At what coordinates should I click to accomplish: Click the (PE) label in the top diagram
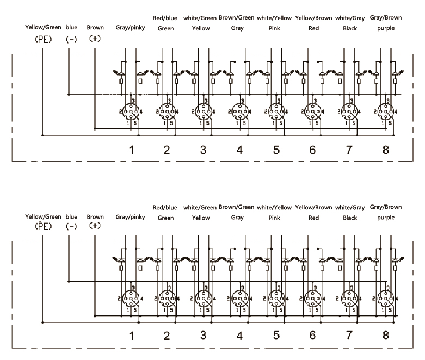tap(42, 40)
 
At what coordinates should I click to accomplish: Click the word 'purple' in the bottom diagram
tap(386, 218)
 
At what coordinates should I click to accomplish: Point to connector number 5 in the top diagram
tap(276, 150)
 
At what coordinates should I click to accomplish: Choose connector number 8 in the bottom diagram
tap(386, 336)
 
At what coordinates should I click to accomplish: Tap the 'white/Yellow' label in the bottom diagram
tap(274, 208)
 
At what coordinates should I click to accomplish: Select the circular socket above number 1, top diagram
tap(131, 111)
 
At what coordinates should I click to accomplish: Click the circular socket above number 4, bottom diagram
tap(239, 298)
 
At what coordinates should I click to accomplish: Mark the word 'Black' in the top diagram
tap(350, 28)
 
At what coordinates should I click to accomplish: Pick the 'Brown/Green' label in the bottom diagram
tap(237, 207)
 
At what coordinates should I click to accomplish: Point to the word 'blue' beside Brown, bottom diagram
tap(71, 217)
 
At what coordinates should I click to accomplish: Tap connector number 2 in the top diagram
tap(167, 150)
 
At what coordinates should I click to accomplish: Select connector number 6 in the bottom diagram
tap(313, 336)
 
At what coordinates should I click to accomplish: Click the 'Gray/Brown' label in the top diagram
tap(386, 18)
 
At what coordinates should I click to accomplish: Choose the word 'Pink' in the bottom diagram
tap(274, 218)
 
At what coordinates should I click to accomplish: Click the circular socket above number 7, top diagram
tap(349, 111)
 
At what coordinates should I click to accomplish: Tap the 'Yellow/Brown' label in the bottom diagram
tap(313, 208)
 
